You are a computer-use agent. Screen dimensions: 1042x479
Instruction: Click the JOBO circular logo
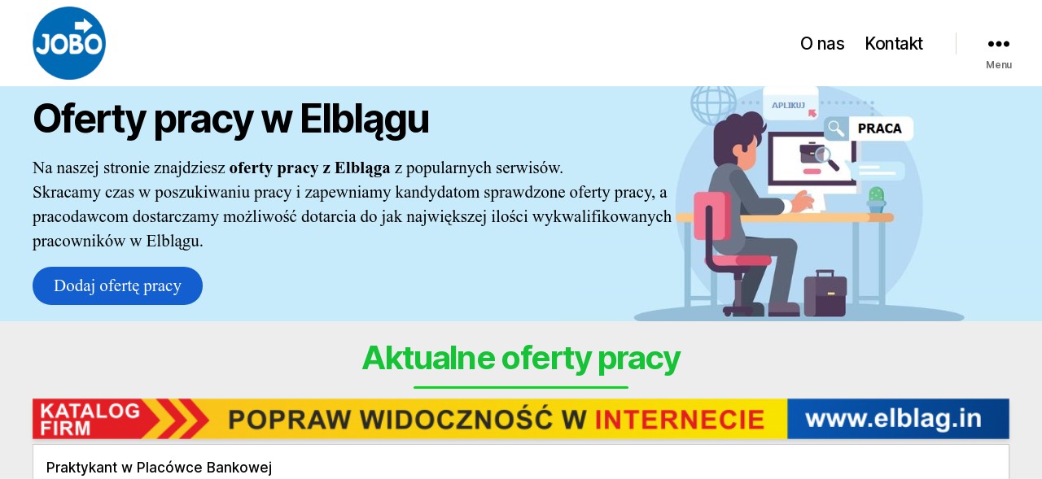(69, 43)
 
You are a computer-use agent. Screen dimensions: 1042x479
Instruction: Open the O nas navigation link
(822, 44)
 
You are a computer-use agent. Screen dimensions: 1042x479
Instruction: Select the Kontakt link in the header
(894, 44)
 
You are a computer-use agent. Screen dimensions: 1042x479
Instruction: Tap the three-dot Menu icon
(999, 44)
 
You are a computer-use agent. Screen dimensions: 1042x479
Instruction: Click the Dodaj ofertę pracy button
(117, 285)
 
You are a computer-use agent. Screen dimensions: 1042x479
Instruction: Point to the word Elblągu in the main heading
(364, 120)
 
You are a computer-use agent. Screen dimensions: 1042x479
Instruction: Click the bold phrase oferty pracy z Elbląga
(309, 168)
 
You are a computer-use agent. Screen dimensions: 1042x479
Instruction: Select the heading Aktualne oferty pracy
(521, 359)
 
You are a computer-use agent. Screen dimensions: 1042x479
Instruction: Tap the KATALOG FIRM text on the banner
(90, 419)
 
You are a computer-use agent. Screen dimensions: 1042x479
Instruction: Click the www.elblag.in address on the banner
(894, 419)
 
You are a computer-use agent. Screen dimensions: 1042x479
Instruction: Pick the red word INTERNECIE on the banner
(680, 420)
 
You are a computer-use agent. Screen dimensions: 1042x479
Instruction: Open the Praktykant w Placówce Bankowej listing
(159, 468)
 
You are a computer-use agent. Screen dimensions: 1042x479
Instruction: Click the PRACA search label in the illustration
(879, 128)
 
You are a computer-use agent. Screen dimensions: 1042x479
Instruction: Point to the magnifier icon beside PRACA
(836, 128)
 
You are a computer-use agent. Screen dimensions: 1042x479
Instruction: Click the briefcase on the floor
(825, 294)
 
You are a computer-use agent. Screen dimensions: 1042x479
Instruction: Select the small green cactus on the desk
(877, 200)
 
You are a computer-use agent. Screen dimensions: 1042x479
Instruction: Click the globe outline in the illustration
(713, 105)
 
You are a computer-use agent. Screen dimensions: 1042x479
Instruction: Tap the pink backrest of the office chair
(711, 216)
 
